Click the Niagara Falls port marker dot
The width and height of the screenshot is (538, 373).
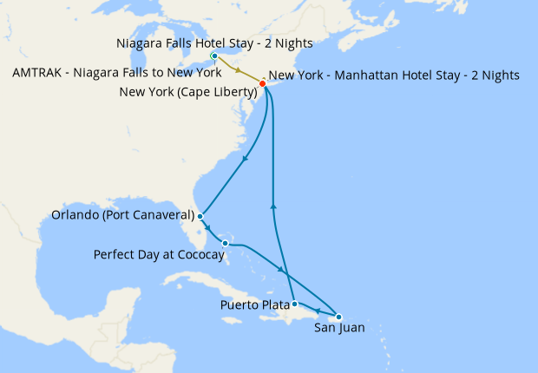pos(214,56)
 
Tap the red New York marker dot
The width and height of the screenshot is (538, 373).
pos(263,83)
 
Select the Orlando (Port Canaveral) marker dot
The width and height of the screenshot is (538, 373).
pos(200,216)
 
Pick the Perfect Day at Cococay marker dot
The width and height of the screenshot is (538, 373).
pos(225,243)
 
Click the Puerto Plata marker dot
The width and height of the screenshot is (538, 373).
pos(295,304)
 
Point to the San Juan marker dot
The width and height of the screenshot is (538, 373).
pos(338,317)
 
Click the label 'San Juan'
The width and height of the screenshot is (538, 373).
pos(339,329)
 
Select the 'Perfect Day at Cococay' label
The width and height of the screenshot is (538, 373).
pos(156,254)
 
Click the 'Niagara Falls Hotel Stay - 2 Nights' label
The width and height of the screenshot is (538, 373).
pos(214,43)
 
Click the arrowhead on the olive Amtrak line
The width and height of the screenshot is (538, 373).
pos(238,70)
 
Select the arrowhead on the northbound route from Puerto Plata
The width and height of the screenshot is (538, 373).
pos(274,206)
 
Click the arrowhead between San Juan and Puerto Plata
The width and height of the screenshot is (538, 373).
pos(318,311)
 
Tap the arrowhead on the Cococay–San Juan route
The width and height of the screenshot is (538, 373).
pos(282,272)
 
